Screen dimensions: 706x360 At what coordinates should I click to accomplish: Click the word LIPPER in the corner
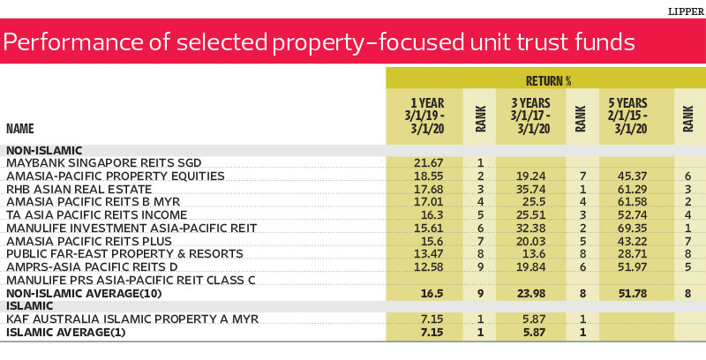(687, 11)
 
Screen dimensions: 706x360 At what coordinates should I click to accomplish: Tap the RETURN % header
(548, 81)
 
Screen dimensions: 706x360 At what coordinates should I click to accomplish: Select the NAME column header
(20, 129)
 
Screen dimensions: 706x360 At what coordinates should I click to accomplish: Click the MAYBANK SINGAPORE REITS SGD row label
(104, 163)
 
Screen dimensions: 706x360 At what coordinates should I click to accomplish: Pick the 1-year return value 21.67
(429, 163)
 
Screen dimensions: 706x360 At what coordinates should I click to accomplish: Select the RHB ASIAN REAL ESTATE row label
(79, 189)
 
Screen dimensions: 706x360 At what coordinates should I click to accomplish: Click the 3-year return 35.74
(531, 189)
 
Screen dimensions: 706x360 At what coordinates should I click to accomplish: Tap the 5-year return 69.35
(632, 229)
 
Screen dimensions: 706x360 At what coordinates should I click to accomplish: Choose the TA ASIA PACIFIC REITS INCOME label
(97, 215)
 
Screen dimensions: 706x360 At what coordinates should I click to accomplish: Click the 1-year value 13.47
(429, 254)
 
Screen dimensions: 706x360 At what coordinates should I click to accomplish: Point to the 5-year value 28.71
(632, 254)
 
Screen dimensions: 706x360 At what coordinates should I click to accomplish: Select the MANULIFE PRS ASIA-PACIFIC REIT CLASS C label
(131, 281)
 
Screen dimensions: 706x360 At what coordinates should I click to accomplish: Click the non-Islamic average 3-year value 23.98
(531, 294)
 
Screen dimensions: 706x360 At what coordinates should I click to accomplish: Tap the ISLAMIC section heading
(30, 306)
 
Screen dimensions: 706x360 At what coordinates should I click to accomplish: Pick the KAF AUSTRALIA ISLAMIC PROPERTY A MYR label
(133, 319)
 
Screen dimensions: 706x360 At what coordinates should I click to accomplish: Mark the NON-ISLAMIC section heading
(44, 150)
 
